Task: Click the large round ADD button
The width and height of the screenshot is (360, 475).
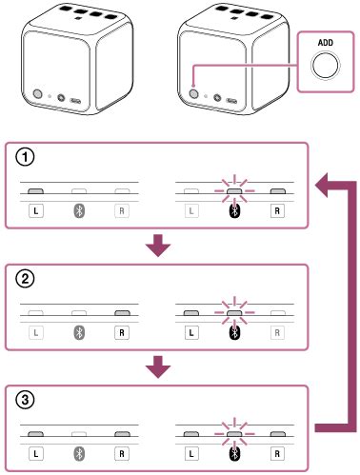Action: pos(324,64)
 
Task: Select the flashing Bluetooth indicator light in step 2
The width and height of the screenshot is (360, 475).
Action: pos(233,312)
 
